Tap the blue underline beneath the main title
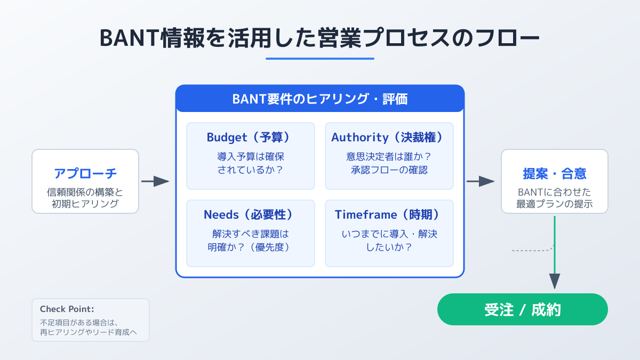pyautogui.click(x=319, y=59)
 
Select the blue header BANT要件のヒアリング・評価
pyautogui.click(x=319, y=99)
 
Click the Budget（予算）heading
pyautogui.click(x=250, y=137)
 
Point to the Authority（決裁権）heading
pyautogui.click(x=389, y=137)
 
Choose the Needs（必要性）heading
pyautogui.click(x=250, y=214)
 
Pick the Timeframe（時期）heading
pyautogui.click(x=389, y=214)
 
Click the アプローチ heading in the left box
pyautogui.click(x=85, y=173)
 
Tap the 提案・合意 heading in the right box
pyautogui.click(x=555, y=173)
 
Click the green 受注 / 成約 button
pyautogui.click(x=522, y=309)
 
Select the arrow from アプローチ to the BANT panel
pyautogui.click(x=155, y=181)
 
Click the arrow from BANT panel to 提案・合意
pyautogui.click(x=480, y=181)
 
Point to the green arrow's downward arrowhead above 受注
pyautogui.click(x=555, y=281)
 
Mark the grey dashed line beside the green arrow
pyautogui.click(x=531, y=250)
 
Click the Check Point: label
pyautogui.click(x=67, y=309)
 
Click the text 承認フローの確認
pyautogui.click(x=389, y=171)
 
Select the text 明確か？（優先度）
pyautogui.click(x=250, y=247)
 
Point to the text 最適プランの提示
pyautogui.click(x=555, y=204)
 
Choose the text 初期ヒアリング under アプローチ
pyautogui.click(x=85, y=204)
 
